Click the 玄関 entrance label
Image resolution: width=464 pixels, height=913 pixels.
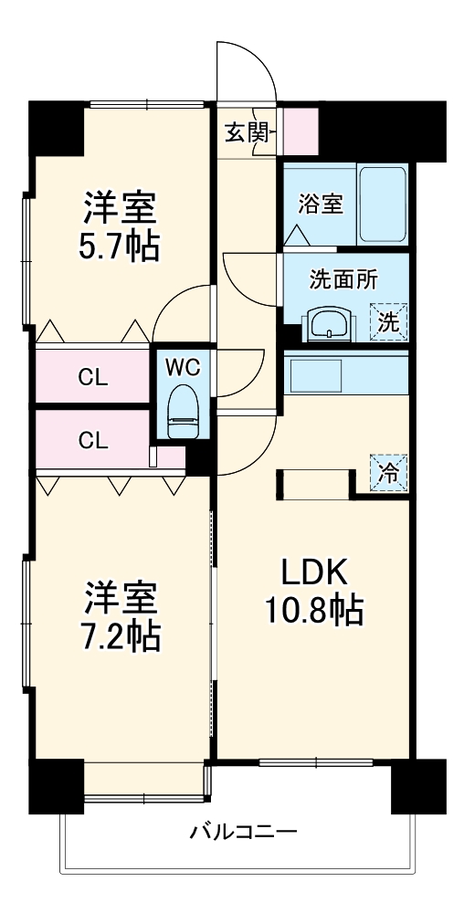(x=245, y=132)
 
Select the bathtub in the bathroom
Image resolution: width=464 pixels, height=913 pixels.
(x=381, y=205)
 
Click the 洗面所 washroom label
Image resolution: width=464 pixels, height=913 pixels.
(x=343, y=280)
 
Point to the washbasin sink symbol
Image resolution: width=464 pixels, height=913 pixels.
(x=329, y=323)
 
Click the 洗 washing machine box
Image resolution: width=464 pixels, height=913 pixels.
(x=388, y=321)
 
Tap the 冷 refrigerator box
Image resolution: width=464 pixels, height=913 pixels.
(x=388, y=473)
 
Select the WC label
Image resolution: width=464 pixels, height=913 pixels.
(x=184, y=367)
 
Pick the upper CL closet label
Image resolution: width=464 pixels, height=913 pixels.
(x=93, y=376)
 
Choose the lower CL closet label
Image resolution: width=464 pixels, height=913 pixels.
(x=93, y=440)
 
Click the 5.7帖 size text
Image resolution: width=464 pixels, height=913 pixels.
(x=121, y=245)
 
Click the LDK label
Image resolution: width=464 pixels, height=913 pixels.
(x=313, y=572)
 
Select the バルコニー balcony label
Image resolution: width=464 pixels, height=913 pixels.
(x=243, y=833)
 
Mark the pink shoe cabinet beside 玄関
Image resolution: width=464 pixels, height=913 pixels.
(x=300, y=131)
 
